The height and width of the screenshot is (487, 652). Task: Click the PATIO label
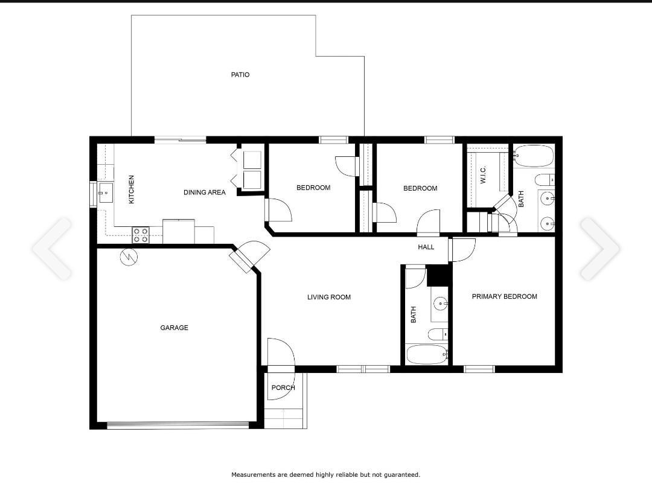click(240, 75)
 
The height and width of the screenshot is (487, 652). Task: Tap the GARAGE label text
click(174, 328)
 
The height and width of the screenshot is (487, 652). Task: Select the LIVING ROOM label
click(329, 297)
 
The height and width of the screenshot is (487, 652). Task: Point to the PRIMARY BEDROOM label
click(504, 296)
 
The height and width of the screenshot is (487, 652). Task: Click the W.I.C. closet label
click(483, 175)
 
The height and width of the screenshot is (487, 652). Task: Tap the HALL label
click(426, 247)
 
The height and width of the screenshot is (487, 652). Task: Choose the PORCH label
click(283, 387)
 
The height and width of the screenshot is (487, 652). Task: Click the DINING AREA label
click(205, 193)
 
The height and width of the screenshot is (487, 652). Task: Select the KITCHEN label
click(132, 189)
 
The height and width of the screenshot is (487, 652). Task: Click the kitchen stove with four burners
click(141, 235)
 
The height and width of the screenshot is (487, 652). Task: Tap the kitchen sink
click(106, 193)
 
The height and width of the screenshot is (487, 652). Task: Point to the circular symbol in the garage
click(129, 258)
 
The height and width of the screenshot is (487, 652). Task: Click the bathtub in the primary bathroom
click(533, 156)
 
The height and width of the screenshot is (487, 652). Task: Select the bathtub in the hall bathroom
click(427, 354)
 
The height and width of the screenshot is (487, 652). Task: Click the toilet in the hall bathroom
click(438, 334)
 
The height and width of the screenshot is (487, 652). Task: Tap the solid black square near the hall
click(438, 275)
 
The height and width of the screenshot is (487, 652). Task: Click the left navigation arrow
click(52, 249)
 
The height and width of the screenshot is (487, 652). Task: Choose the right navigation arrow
click(600, 249)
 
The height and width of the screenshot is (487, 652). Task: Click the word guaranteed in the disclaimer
click(402, 474)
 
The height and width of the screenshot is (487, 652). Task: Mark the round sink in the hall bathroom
click(440, 304)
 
